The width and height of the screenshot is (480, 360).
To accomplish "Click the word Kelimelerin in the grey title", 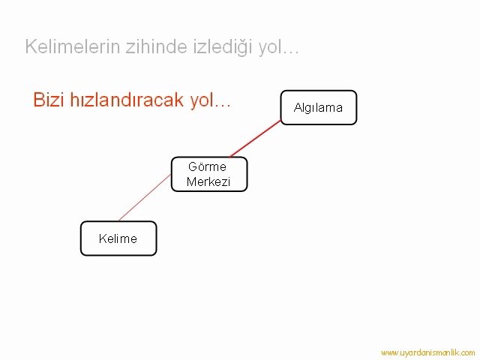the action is [73, 46].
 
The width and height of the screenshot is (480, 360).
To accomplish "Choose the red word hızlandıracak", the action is [127, 100].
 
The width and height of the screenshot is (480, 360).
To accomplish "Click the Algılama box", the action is [319, 107].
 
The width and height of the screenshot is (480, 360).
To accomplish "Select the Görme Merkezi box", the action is [209, 174].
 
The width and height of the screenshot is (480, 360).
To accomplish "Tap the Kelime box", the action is [118, 238].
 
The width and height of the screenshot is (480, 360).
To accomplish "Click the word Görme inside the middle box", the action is [207, 166].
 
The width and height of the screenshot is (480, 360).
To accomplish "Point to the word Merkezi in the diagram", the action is [208, 181].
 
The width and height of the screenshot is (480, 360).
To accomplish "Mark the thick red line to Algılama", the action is [255, 139].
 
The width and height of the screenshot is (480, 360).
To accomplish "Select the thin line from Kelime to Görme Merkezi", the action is [145, 197].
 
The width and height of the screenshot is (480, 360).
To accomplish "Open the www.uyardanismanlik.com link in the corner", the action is [428, 352].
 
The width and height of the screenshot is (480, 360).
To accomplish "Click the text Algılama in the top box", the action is [318, 108].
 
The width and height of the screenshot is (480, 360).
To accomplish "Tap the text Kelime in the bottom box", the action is [118, 238].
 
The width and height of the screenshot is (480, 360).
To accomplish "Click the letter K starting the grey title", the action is [31, 46].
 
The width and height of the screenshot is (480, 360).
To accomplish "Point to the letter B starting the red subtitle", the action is [38, 100].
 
